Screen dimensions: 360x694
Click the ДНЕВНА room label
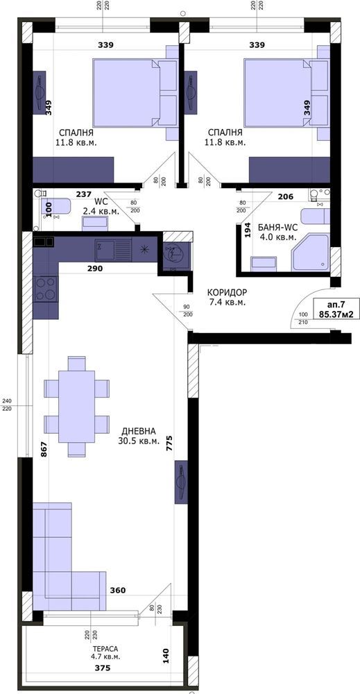[139, 430]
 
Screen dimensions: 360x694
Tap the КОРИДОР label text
[228, 293]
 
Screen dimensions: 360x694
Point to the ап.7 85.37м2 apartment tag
[336, 309]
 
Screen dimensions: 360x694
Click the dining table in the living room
[76, 407]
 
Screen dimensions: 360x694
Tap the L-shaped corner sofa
[69, 557]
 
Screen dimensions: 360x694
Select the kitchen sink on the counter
[113, 251]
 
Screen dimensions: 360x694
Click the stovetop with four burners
[46, 289]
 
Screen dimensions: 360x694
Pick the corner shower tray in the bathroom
[310, 253]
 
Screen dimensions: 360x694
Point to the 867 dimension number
[43, 449]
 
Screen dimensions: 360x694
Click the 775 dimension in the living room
[169, 443]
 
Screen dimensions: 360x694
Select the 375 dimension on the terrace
[102, 668]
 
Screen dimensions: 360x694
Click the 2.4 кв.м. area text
[101, 212]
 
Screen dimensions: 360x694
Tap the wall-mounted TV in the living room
[181, 482]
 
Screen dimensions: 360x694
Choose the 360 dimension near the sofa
[118, 591]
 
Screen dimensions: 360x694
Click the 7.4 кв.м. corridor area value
[228, 303]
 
